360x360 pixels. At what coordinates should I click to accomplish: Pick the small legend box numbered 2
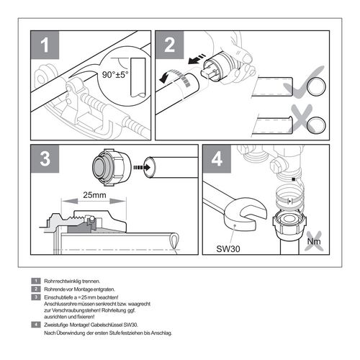click(35, 288)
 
